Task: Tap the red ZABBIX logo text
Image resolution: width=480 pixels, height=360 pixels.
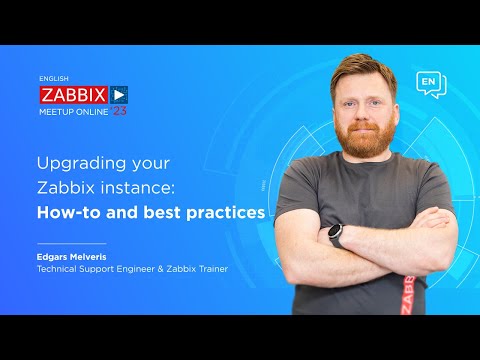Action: pos(72,93)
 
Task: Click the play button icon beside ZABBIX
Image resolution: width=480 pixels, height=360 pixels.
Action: pos(120,93)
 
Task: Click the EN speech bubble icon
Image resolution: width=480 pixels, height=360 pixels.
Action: pos(429,83)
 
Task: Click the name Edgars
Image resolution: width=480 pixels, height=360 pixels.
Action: pos(54,256)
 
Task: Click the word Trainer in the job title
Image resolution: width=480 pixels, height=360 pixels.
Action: pos(195,268)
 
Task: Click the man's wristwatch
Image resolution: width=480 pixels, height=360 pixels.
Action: pos(336,236)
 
